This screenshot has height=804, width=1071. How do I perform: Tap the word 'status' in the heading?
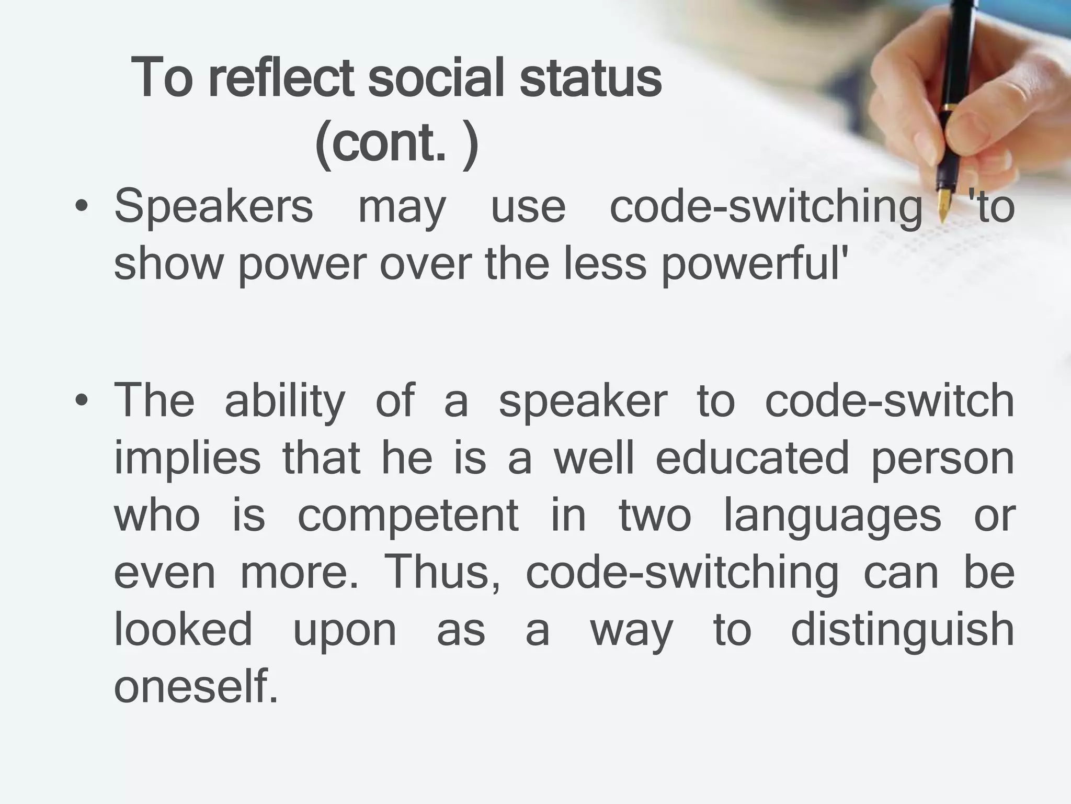590,79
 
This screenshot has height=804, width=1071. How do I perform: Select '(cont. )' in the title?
396,142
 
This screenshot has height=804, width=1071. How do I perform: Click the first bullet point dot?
81,207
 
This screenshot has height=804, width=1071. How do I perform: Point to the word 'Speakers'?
213,207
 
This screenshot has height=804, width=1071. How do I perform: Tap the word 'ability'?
285,401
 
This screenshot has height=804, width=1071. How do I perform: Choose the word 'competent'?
408,516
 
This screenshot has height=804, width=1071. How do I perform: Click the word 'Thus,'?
442,573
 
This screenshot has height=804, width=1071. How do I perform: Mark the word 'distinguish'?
902,630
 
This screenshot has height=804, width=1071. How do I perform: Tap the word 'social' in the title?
436,79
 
